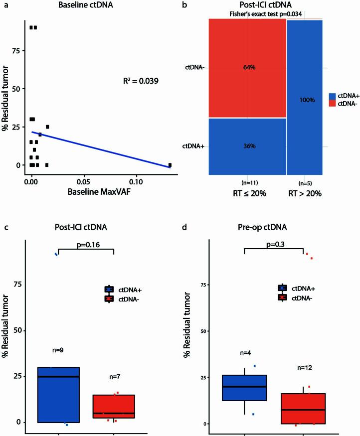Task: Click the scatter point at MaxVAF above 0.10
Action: point(170,165)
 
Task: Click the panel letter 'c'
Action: point(5,229)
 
